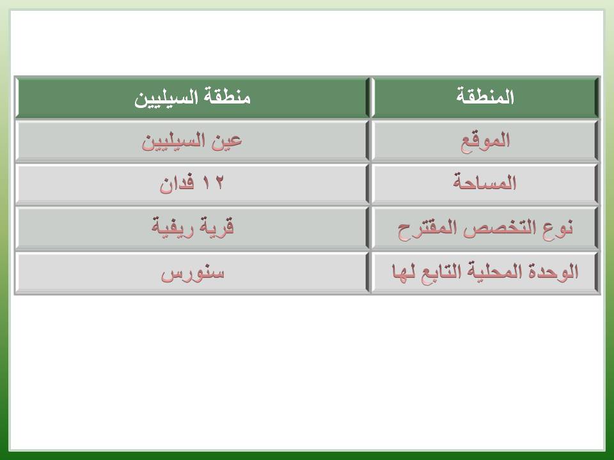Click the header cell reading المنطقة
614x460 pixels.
485,97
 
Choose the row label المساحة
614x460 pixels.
485,182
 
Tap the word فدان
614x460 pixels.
177,183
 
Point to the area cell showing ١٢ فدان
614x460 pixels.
192,184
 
